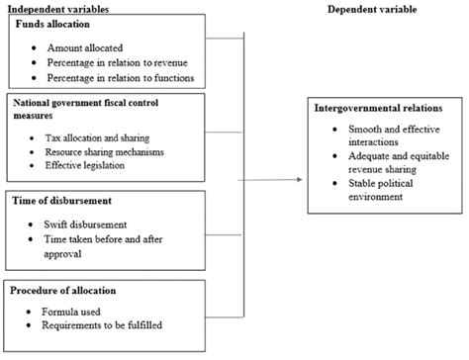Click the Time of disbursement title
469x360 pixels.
[x=61, y=201]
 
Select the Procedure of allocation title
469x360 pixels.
[x=65, y=290]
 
